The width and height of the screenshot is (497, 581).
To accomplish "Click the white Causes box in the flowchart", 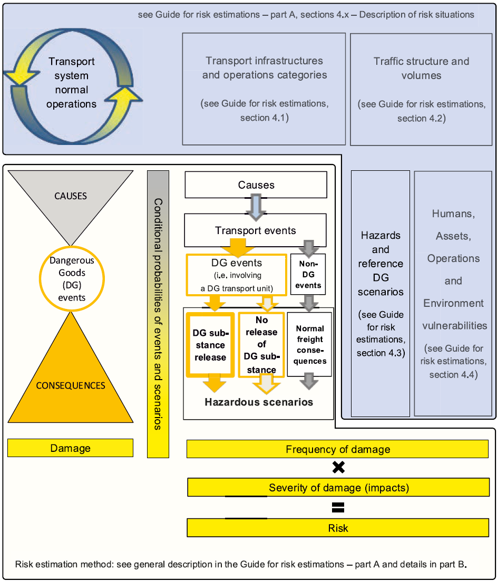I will [256, 185].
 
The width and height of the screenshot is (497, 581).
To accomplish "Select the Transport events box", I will [256, 230].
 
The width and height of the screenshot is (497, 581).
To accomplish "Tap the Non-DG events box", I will [308, 274].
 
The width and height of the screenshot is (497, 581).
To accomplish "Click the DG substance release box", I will [210, 345].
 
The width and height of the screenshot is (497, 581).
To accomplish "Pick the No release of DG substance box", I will [261, 345].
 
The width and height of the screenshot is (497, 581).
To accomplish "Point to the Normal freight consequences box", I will [309, 345].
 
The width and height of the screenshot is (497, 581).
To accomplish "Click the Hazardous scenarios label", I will [259, 402].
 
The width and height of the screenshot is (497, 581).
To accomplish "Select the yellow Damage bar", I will [70, 448].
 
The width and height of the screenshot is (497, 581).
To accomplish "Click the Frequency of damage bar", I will [337, 449].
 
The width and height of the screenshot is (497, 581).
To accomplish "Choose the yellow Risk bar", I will [337, 528].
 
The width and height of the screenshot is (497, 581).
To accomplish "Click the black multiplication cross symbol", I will [338, 467].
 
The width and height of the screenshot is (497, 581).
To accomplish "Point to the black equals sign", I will [338, 508].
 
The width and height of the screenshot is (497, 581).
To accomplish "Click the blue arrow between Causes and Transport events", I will [256, 207].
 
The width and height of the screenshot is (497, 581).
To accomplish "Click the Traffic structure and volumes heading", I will [421, 68].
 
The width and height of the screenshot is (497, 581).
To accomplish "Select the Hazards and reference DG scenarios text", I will [380, 263].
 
